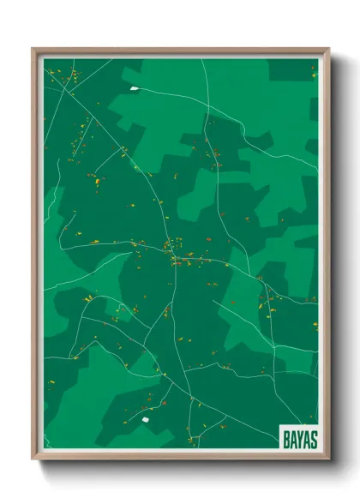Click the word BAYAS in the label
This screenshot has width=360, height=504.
[x=299, y=439]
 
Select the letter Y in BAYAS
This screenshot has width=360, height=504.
[x=299, y=439]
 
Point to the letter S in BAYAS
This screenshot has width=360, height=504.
[x=313, y=439]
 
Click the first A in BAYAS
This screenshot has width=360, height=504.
[x=292, y=439]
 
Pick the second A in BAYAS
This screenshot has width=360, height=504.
[x=306, y=439]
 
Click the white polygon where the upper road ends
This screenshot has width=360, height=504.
[x=134, y=87]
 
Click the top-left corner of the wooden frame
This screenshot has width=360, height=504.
[x=33, y=49]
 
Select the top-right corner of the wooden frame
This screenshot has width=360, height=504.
[x=329, y=49]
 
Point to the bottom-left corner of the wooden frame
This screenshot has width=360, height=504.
[x=33, y=460]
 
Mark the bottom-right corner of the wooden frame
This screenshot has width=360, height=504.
[x=329, y=460]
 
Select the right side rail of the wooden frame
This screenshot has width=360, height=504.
[x=327, y=257]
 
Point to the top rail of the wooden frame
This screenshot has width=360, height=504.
[x=180, y=51]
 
